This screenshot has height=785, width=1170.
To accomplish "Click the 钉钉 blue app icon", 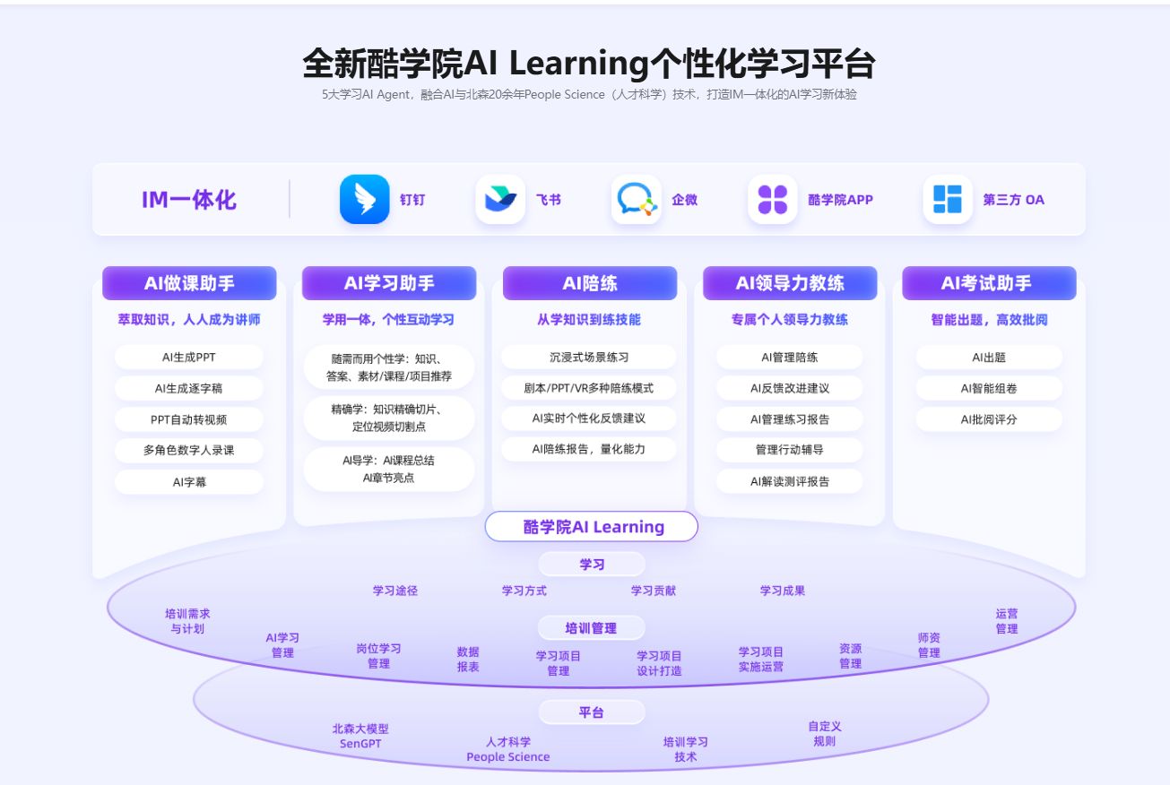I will click(364, 199).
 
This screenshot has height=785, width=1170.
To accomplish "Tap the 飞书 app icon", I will click(500, 199).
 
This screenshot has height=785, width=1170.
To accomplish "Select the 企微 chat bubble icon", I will click(637, 199).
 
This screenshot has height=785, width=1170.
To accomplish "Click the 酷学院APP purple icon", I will click(772, 199).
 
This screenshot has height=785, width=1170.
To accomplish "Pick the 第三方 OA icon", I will click(947, 199).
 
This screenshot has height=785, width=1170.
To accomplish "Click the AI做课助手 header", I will click(189, 283).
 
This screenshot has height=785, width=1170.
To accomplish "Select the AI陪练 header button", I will click(590, 283).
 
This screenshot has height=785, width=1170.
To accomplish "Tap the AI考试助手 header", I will click(988, 283).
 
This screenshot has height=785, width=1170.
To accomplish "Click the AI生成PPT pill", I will click(189, 357).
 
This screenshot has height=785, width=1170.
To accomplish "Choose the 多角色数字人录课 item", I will click(189, 450).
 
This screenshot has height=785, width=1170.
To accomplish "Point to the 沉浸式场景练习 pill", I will click(589, 357).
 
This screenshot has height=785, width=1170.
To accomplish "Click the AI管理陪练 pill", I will click(789, 357).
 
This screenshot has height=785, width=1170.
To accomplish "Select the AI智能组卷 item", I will click(989, 388).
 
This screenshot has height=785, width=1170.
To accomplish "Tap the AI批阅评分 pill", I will click(989, 419).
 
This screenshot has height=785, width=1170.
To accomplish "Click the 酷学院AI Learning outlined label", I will click(592, 527).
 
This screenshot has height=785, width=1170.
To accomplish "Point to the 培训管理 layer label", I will click(591, 628).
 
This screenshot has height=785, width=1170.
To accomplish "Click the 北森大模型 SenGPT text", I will click(360, 736).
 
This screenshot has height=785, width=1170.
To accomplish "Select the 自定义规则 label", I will click(825, 734).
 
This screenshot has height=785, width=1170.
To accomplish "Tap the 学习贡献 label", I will click(653, 591).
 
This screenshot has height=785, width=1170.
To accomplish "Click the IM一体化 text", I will click(189, 200).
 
